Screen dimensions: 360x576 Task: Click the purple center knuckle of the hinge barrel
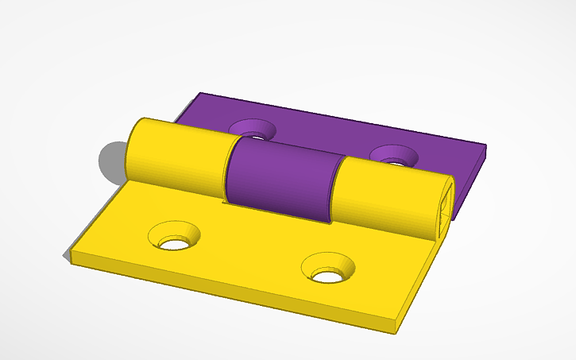click(x=282, y=180)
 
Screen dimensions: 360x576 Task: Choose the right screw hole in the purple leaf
click(x=392, y=156)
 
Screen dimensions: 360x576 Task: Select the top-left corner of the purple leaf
click(x=199, y=95)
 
